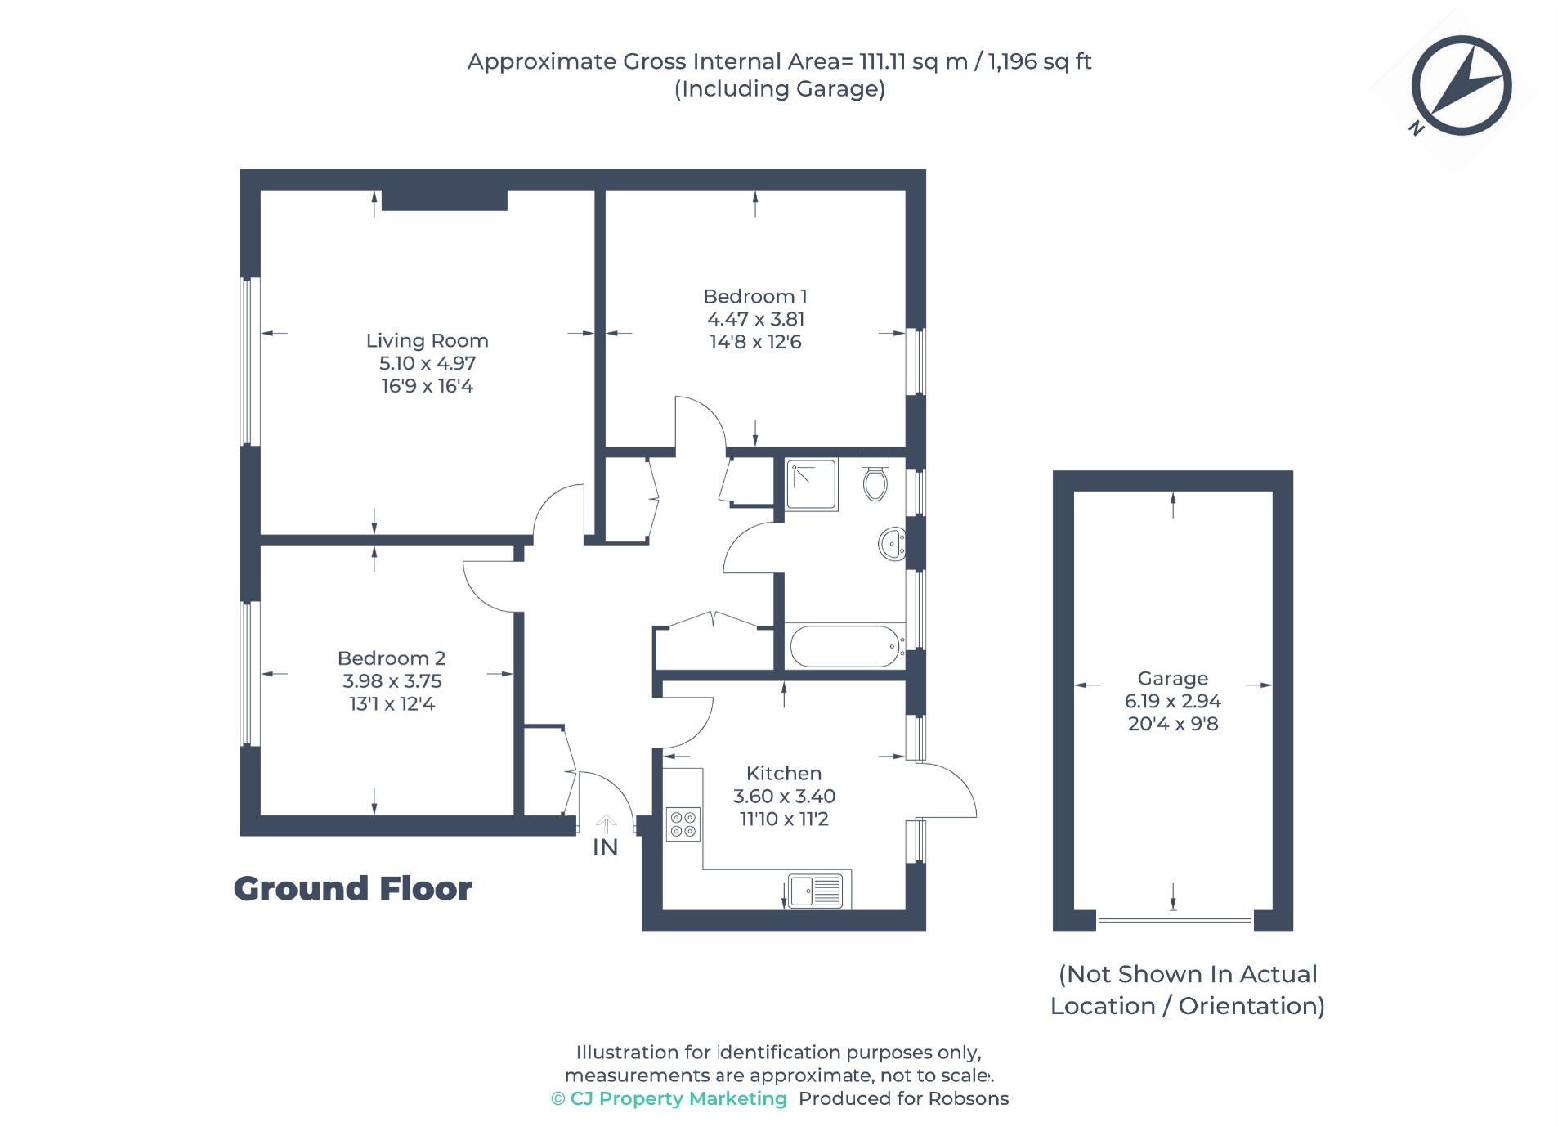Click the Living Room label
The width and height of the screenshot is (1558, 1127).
tap(426, 340)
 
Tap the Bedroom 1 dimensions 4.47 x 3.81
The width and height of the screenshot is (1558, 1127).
tap(754, 319)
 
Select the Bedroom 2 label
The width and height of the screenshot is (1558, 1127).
tap(391, 658)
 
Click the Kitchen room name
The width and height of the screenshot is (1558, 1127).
tap(783, 773)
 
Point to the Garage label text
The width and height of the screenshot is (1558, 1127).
tap(1171, 678)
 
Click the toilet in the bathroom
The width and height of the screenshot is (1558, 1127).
tap(875, 480)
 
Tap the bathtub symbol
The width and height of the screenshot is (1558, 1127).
tap(844, 647)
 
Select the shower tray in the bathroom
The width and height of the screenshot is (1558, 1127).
tap(810, 484)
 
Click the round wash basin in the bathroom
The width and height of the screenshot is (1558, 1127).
tap(892, 543)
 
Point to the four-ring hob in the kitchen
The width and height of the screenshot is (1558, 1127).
tap(683, 824)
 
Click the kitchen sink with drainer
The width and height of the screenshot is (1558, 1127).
tap(815, 891)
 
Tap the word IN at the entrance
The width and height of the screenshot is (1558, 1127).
tap(604, 848)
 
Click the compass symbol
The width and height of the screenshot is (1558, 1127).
tap(1460, 85)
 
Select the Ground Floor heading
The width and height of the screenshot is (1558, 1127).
tap(352, 889)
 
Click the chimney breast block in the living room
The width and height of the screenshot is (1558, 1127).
tap(444, 200)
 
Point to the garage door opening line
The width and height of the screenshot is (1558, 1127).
tap(1174, 920)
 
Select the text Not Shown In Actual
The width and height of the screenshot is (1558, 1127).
tap(1187, 974)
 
